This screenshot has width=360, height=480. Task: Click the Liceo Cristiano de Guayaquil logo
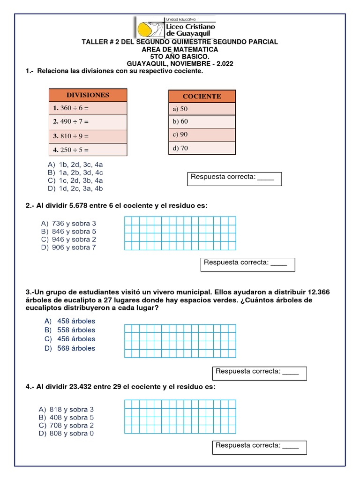pos(175,27)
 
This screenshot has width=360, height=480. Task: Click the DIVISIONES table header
pos(88,95)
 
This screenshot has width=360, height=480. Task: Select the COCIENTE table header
pos(202,96)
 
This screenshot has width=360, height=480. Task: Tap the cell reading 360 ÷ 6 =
pos(88,108)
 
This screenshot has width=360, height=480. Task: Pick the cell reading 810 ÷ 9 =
pos(88,136)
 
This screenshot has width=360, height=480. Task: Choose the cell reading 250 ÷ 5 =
pos(88,150)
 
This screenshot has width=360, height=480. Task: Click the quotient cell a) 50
pos(202,109)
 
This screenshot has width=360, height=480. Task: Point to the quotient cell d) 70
pos(202,148)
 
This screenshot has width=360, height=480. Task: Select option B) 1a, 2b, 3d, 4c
pos(75,172)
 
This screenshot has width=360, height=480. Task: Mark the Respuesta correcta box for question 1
pos(234,179)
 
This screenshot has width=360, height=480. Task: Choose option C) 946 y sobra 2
pos(68,240)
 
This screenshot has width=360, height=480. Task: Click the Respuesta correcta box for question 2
pos(248,264)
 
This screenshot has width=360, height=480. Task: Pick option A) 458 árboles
pos(70,321)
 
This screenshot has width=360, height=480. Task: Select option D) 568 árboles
pos(70,348)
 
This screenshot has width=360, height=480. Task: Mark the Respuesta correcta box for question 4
pos(259,447)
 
